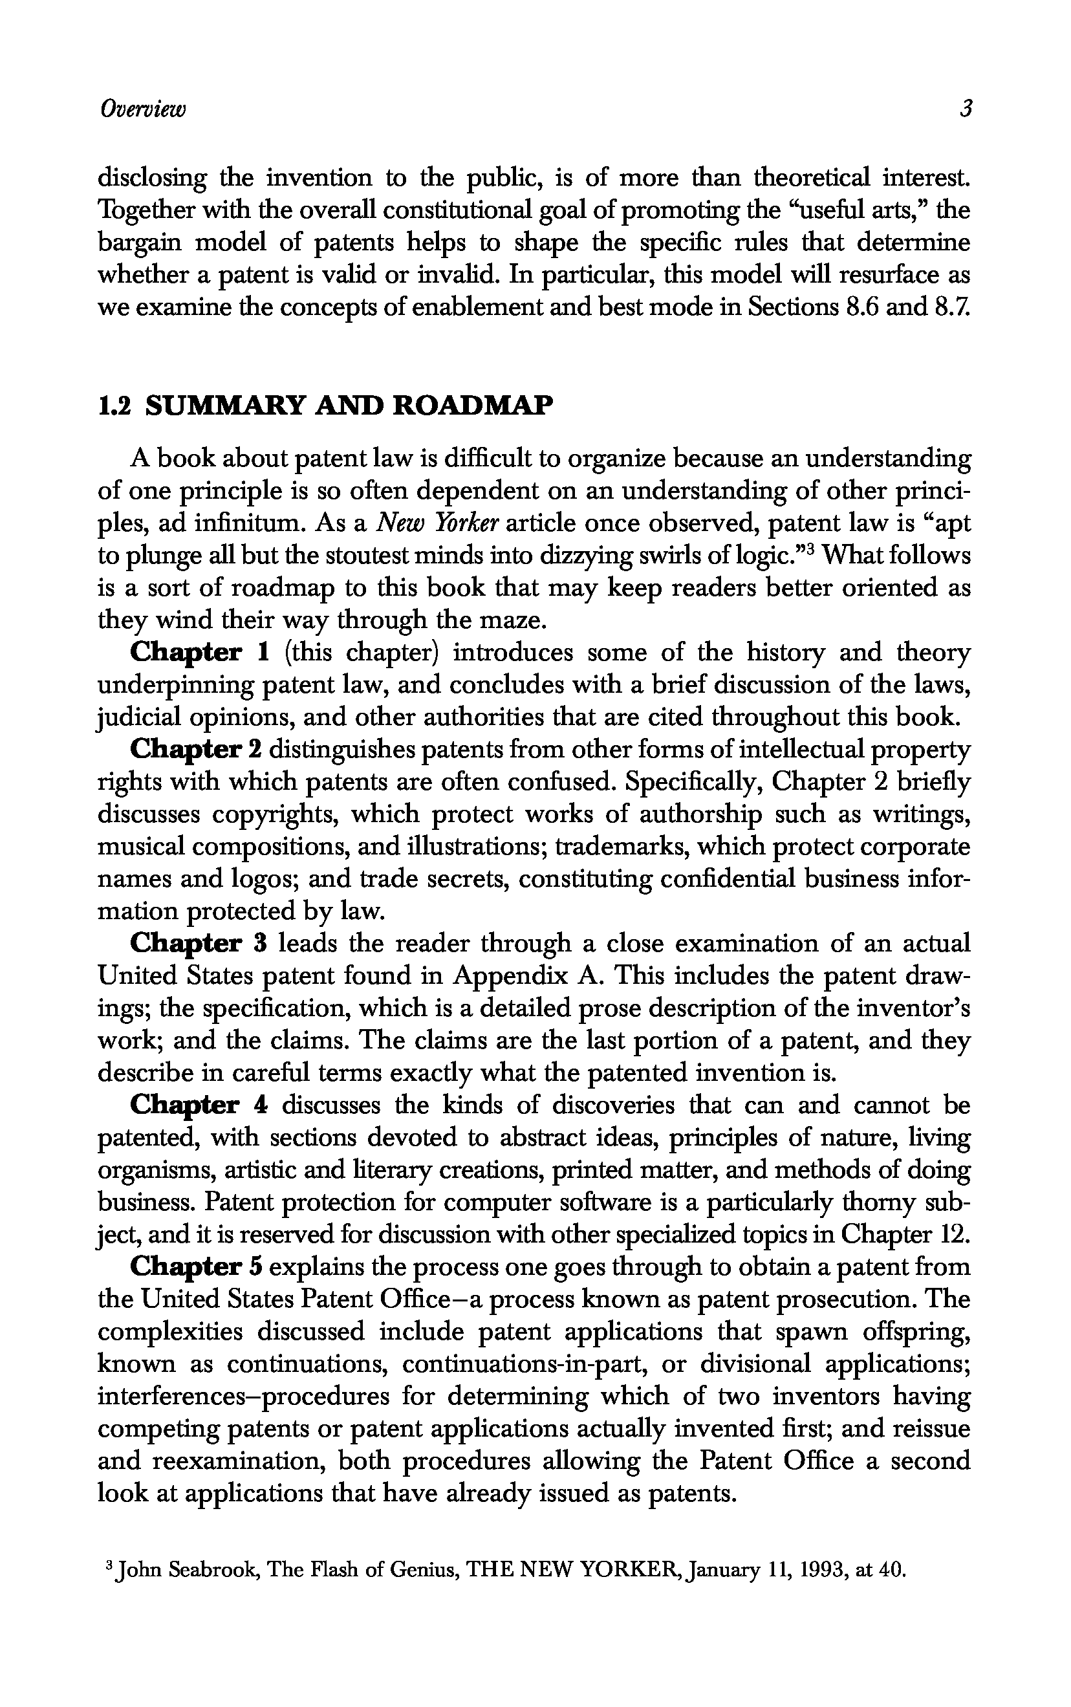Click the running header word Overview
(142, 109)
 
